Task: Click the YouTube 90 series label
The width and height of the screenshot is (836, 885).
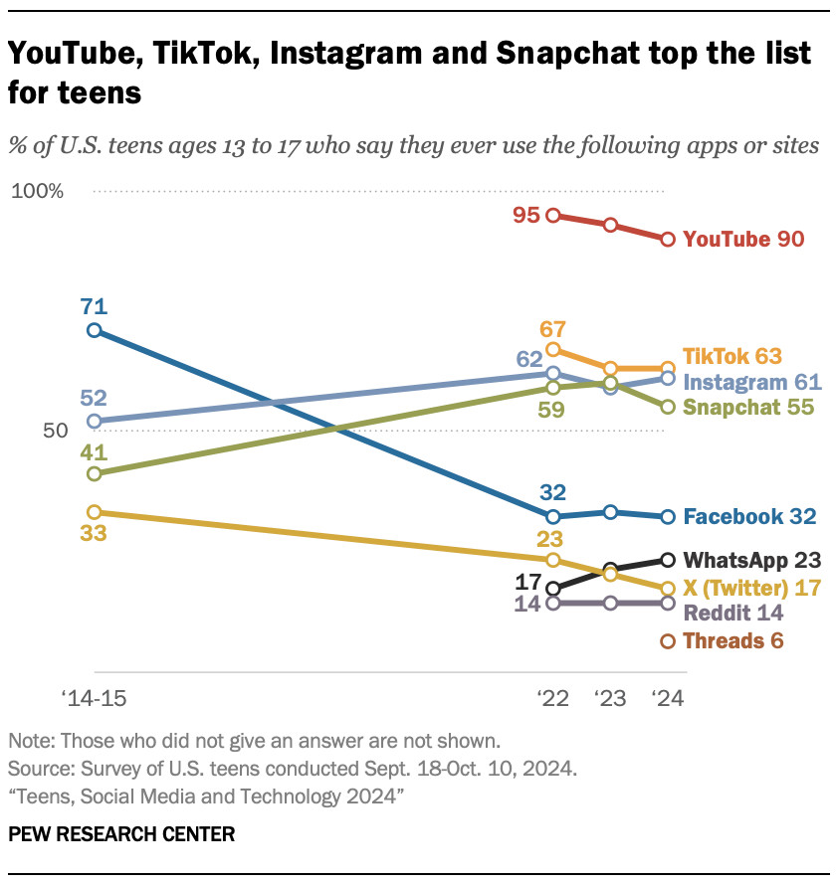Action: [x=743, y=240]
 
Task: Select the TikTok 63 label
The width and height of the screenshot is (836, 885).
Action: [x=732, y=356]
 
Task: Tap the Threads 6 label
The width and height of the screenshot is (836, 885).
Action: [x=733, y=641]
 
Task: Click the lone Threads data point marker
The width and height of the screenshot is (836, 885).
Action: [x=668, y=641]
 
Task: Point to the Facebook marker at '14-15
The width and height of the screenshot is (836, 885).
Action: [x=94, y=330]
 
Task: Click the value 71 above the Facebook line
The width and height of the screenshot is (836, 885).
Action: [x=94, y=305]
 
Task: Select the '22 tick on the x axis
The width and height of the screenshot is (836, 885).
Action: [x=552, y=698]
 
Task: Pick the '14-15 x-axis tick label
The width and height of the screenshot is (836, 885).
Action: [x=94, y=698]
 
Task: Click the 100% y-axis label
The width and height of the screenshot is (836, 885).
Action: [x=38, y=191]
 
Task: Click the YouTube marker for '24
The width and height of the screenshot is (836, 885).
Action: [x=668, y=240]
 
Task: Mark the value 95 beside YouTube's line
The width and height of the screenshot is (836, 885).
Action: [x=526, y=215]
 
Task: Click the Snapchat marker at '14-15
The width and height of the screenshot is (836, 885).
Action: [x=94, y=473]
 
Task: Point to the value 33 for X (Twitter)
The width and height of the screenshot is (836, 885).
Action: [x=94, y=534]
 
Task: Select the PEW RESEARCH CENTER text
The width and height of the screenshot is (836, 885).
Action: [x=121, y=834]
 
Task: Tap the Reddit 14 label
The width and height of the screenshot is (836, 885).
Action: [x=733, y=614]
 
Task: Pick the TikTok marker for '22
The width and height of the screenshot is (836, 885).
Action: [x=553, y=349]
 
